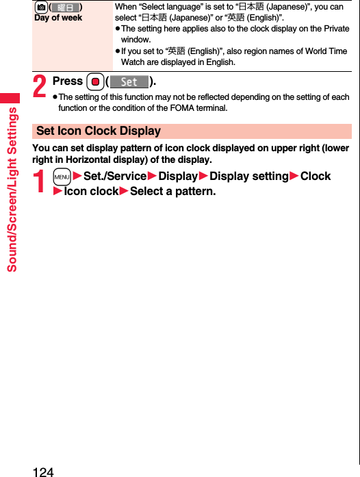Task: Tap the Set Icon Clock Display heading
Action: [x=99, y=131]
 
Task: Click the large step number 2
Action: [x=40, y=86]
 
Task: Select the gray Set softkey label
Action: [x=129, y=81]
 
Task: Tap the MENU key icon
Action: [x=62, y=177]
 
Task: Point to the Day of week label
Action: [x=58, y=18]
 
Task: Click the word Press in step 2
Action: [x=68, y=81]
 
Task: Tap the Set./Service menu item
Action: [x=114, y=177]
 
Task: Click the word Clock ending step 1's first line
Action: [x=315, y=177]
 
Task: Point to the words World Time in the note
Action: [x=325, y=51]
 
